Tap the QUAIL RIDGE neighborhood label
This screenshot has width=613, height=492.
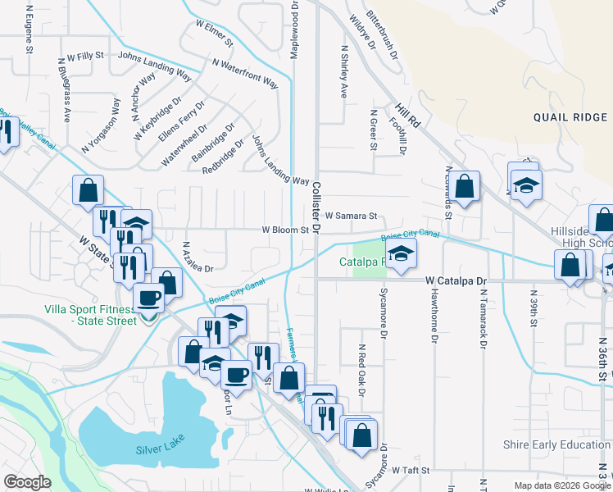pos(570,117)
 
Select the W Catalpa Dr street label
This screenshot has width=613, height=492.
pos(456,280)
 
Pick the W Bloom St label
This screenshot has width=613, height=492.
pos(284,230)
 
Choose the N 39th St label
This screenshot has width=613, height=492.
pos(533,307)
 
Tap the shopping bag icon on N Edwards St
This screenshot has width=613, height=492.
pos(464,187)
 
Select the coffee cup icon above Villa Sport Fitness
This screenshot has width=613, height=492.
pos(149,298)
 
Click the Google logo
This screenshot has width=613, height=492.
pos(27,482)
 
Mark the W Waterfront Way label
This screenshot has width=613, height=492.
pos(246,71)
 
